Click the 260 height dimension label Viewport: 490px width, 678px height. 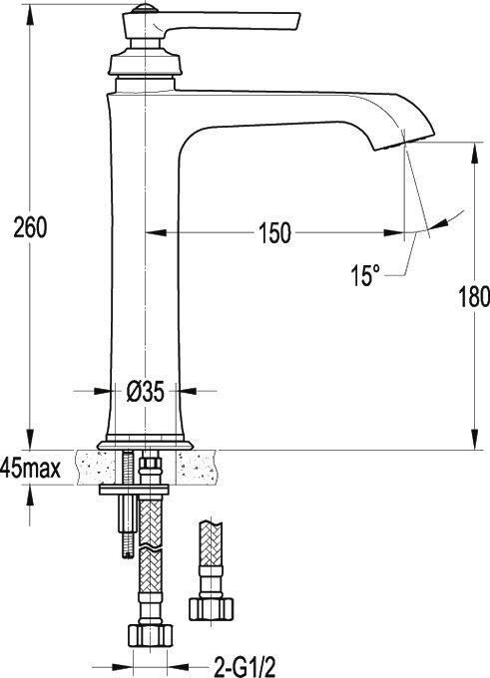(30, 228)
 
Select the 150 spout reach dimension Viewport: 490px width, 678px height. (274, 233)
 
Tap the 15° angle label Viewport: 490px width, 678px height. (365, 275)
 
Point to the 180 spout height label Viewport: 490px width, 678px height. (474, 297)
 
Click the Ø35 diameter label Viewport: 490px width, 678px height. (146, 392)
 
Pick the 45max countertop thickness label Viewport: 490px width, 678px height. (30, 469)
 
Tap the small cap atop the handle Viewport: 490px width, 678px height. (144, 8)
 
